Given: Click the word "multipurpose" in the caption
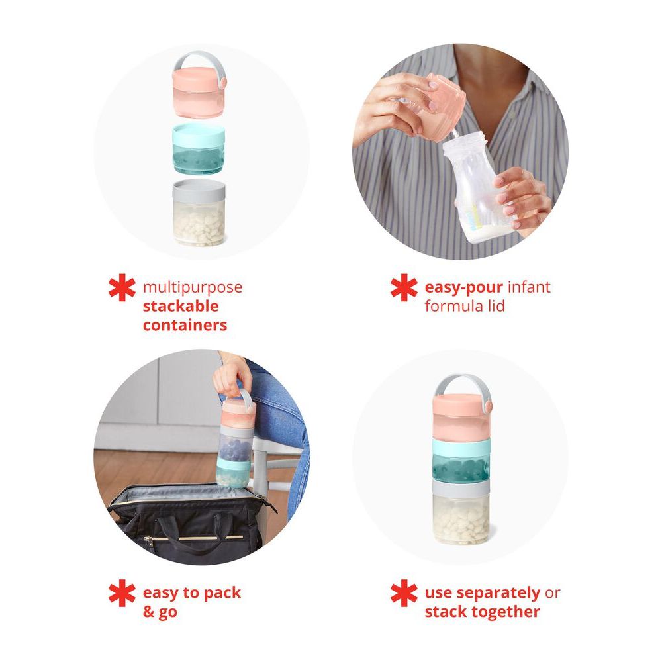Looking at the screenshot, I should (x=193, y=288).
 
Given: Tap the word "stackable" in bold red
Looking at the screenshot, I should (x=180, y=307).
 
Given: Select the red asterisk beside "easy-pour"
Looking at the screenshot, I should (x=404, y=289).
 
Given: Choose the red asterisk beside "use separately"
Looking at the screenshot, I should (x=404, y=594).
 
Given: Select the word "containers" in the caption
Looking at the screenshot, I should (x=185, y=325).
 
